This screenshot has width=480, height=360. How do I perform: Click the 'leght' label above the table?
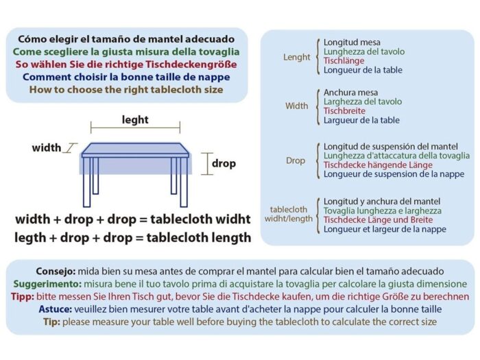(x=135, y=120)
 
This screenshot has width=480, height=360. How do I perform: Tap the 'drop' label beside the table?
(x=224, y=163)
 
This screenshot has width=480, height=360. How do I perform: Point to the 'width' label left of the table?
(x=47, y=147)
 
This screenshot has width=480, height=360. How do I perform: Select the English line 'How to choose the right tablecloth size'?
(x=126, y=89)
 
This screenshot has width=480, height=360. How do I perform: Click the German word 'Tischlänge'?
(x=344, y=60)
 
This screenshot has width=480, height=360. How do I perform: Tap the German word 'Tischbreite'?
(x=345, y=111)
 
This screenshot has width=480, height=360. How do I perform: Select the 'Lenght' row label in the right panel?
(x=297, y=57)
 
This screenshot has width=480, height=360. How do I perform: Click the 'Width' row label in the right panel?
(x=297, y=106)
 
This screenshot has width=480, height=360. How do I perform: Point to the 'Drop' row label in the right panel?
(x=296, y=160)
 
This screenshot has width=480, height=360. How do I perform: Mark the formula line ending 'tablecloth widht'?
(x=133, y=220)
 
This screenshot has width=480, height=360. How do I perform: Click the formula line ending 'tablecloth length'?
(x=133, y=238)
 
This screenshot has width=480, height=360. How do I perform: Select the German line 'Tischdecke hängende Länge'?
(x=378, y=165)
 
